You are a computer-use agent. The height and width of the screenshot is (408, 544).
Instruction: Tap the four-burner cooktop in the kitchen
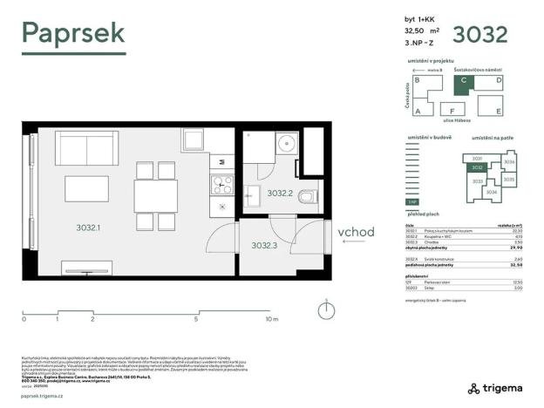point(221,184)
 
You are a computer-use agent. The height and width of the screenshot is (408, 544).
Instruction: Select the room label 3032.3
point(264,246)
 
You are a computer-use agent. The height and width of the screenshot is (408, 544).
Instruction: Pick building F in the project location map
point(451,112)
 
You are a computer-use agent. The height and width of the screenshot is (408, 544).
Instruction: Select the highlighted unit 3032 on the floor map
point(477,167)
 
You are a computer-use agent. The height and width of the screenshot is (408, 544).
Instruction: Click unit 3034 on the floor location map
point(491,192)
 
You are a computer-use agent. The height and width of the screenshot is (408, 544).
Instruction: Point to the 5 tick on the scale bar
point(195,319)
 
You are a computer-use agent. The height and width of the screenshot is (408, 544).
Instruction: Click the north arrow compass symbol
point(325,309)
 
